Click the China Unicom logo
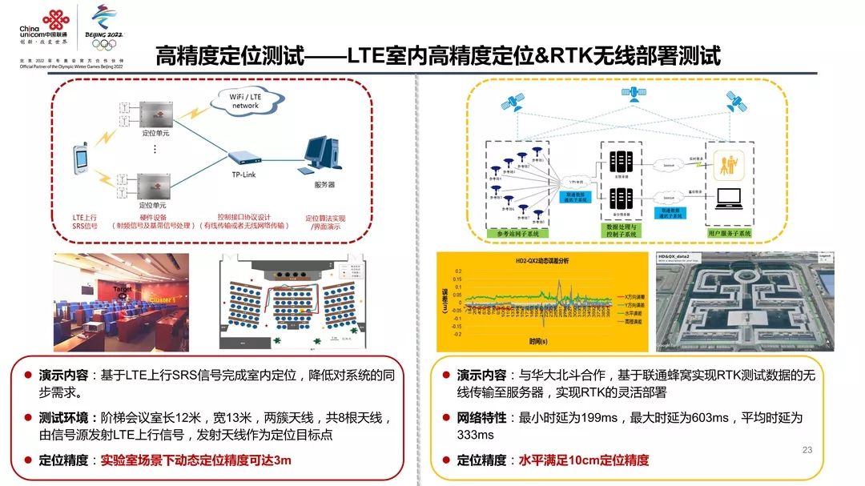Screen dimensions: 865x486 43,27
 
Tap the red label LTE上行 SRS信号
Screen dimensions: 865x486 85,221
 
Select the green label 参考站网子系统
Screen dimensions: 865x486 522,233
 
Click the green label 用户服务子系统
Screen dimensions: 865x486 729,233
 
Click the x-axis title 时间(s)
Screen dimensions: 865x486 540,342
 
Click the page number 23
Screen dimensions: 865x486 807,450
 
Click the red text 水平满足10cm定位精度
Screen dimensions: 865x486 584,460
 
